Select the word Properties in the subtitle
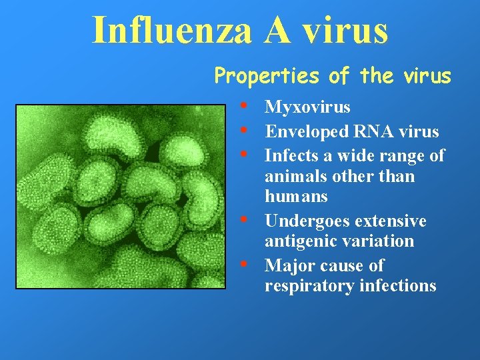[x=267, y=77]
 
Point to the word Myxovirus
[x=307, y=107]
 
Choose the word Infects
[x=289, y=156]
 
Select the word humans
[x=296, y=197]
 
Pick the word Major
[x=286, y=265]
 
